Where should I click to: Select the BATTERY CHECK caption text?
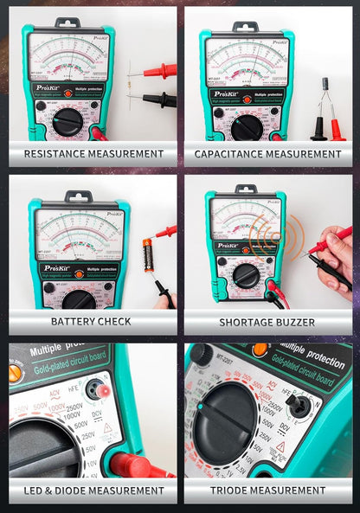click(x=91, y=321)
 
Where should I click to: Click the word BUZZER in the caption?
click(x=291, y=321)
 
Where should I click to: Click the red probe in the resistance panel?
click(x=159, y=71)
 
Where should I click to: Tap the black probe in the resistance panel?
click(x=159, y=100)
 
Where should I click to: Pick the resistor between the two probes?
click(x=130, y=85)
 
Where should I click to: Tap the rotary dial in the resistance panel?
click(x=67, y=122)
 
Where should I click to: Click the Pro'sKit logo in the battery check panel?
click(x=57, y=269)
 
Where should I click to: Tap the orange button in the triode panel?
click(x=259, y=350)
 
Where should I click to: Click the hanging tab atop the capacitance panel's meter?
click(x=245, y=27)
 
